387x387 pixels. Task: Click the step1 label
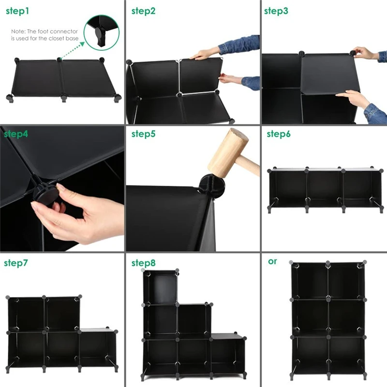pyautogui.click(x=18, y=11)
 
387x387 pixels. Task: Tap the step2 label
pyautogui.click(x=143, y=11)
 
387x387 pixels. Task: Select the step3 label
pyautogui.click(x=276, y=11)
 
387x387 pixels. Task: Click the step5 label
pyautogui.click(x=143, y=134)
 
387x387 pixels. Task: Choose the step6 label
pyautogui.click(x=279, y=134)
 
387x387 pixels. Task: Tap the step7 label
pyautogui.click(x=16, y=263)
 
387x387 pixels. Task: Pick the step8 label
pyautogui.click(x=143, y=263)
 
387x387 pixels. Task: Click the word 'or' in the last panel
pyautogui.click(x=272, y=261)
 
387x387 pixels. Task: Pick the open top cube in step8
pyautogui.click(x=161, y=288)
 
